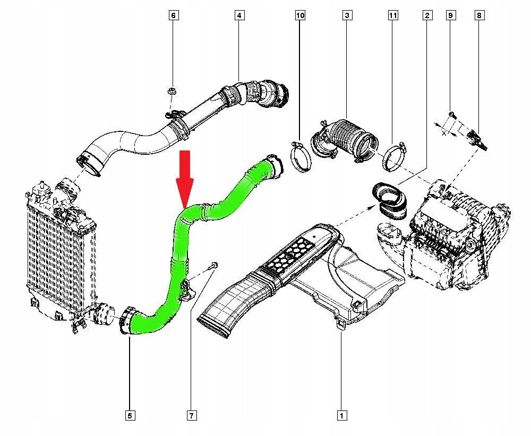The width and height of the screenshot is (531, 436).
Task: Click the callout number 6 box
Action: tap(173, 15)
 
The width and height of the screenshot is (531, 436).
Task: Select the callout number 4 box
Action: tap(239, 15)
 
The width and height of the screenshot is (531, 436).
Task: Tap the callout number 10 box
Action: tap(300, 15)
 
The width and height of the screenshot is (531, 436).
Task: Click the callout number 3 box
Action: tap(347, 15)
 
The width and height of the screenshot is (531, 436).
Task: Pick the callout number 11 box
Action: tap(392, 15)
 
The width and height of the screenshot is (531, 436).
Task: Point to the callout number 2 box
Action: tap(427, 15)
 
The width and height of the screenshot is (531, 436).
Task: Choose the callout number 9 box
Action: tap(450, 15)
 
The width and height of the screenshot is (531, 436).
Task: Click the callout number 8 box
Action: tap(479, 15)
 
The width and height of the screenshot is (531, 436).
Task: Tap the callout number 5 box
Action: tap(130, 415)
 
